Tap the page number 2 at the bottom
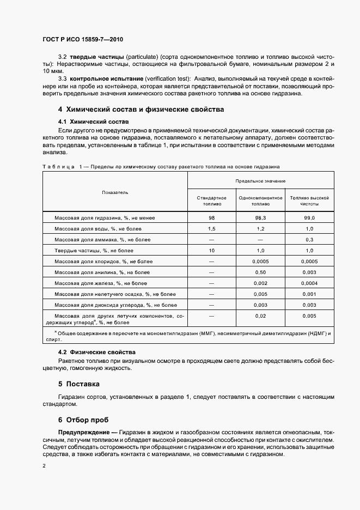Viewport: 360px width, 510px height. pos(44,466)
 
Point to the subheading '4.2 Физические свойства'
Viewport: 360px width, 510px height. pos(96,353)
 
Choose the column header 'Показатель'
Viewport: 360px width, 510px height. pos(115,192)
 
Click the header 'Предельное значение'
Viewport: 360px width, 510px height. pos(260,180)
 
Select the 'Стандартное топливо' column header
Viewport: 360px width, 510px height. pos(211,201)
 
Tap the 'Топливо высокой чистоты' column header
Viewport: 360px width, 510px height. pos(309,201)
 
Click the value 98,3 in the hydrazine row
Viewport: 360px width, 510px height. pos(260,218)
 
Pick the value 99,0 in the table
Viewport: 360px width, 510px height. pos(309,218)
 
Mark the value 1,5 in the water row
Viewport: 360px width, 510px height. pos(211,229)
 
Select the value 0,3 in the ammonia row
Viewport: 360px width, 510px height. pos(309,240)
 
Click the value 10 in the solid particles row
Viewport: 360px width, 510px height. pos(211,251)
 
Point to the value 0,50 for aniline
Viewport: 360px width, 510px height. pos(260,272)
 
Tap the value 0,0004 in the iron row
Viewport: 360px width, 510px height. pos(309,283)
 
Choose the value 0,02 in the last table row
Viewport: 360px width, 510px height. pos(260,316)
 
